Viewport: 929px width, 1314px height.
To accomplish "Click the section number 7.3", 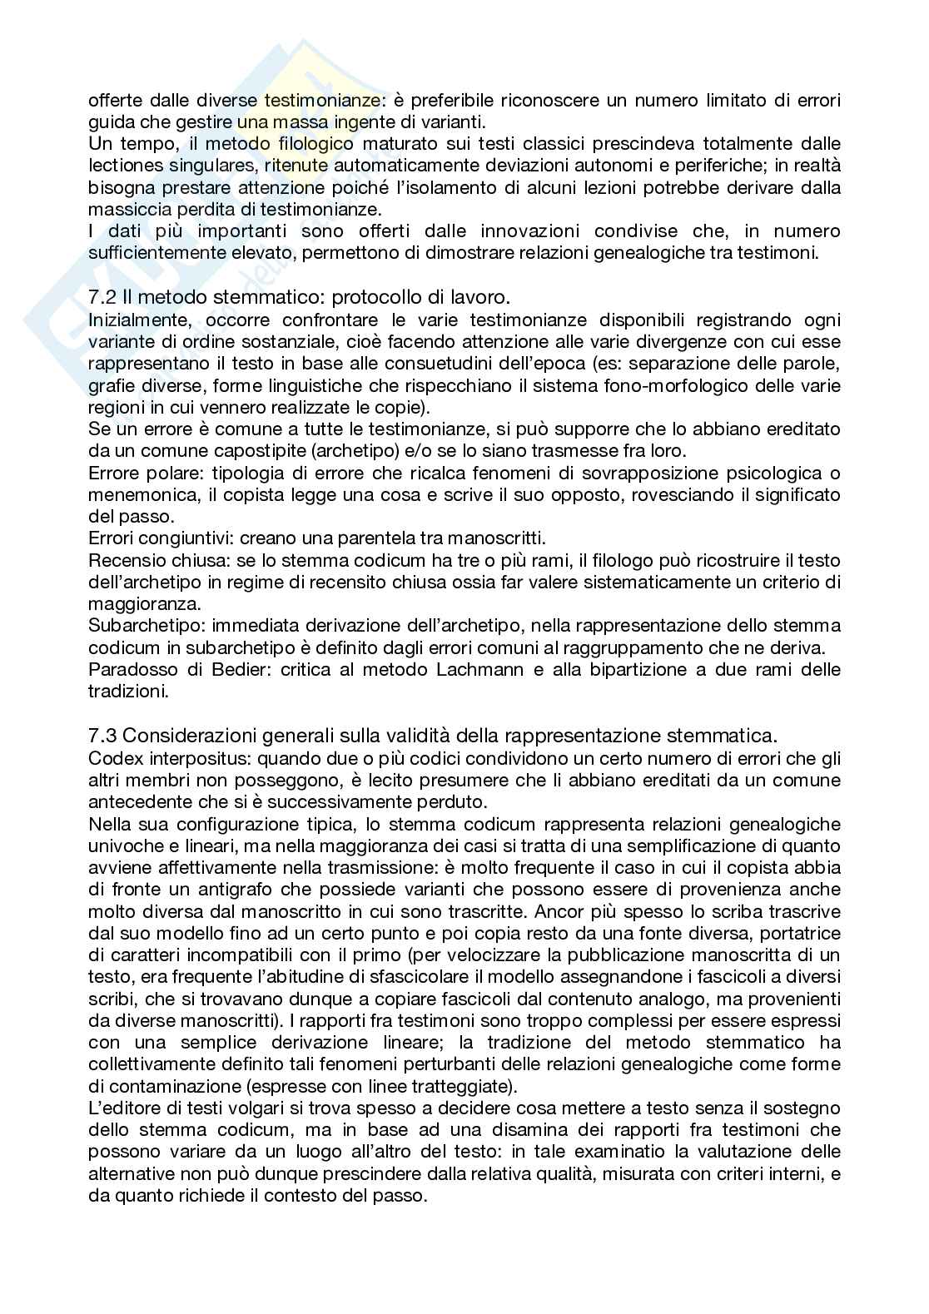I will click(x=101, y=735).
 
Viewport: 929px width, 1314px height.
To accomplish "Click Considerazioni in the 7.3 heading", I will click(x=196, y=735).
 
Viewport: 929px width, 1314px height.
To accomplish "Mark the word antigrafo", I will click(x=241, y=890).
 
